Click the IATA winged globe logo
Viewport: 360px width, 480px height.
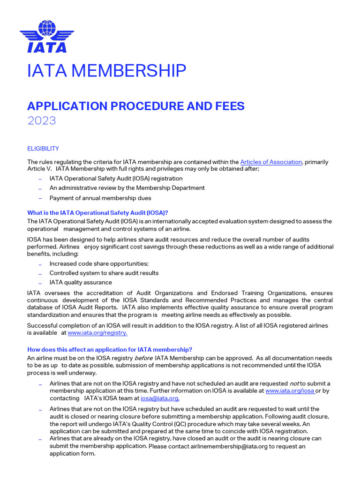43,36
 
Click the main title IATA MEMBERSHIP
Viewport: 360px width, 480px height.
106,71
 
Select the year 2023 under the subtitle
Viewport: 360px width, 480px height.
41,120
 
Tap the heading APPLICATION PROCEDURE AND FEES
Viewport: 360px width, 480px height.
135,106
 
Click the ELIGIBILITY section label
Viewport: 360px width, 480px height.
43,149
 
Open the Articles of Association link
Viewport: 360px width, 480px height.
271,162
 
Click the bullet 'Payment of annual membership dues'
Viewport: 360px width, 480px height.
100,198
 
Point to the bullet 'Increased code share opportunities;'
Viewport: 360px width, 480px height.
99,264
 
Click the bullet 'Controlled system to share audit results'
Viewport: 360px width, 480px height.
104,273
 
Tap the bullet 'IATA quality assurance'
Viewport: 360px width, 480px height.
81,283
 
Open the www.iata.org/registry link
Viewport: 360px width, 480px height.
97,333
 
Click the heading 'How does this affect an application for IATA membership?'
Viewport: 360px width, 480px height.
110,350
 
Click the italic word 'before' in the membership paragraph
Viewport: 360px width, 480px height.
143,358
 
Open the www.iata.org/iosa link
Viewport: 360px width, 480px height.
289,391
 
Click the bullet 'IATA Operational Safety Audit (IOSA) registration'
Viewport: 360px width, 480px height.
116,179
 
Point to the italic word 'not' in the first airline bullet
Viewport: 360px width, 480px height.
293,383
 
